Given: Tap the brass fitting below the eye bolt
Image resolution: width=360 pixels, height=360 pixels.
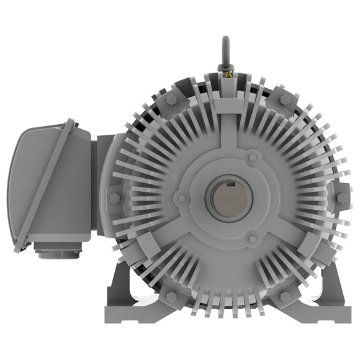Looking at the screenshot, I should click(x=228, y=75).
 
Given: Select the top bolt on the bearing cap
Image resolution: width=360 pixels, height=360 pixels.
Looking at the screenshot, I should click(x=251, y=158).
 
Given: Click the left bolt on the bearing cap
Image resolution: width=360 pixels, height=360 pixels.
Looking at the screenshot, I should click(x=181, y=199).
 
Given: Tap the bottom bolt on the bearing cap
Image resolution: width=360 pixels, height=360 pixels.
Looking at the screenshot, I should click(x=251, y=239).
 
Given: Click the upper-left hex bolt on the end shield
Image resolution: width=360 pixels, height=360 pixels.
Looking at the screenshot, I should click(x=172, y=100).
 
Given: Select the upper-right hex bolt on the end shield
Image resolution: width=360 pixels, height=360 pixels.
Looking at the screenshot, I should click(x=285, y=100).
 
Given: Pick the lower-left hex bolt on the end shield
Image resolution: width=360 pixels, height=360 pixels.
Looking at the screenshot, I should click(x=172, y=297).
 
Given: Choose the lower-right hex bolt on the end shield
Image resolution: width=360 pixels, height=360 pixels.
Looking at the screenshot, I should click(x=285, y=297).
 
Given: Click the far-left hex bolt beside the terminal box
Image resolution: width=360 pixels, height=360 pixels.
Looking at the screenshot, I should click(x=115, y=199).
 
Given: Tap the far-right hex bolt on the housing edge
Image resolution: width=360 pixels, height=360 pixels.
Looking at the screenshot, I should click(x=342, y=199).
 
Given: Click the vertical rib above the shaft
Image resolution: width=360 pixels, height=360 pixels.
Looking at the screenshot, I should click(x=228, y=124).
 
